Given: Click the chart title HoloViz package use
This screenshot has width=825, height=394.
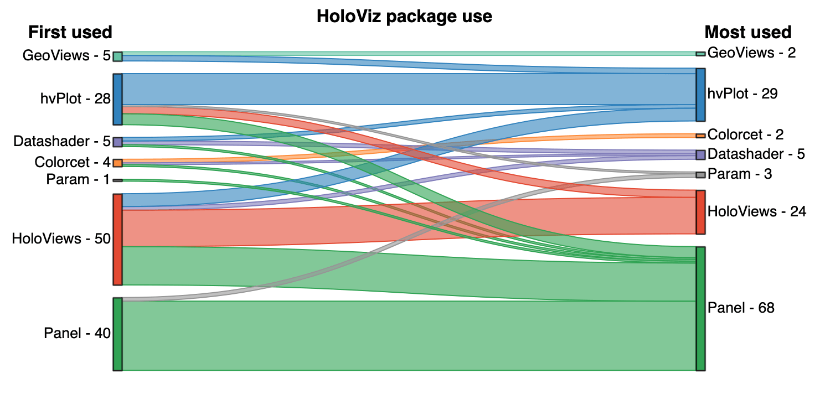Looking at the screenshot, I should [x=404, y=16].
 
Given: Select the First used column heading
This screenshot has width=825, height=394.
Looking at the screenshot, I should [x=70, y=32].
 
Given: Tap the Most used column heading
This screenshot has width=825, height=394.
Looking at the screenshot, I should [x=748, y=32].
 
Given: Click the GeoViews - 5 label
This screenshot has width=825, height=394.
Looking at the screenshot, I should [x=66, y=55].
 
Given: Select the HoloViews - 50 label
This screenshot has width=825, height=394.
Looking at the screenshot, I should [x=61, y=239].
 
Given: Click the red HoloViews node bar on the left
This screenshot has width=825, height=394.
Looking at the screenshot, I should [x=117, y=239].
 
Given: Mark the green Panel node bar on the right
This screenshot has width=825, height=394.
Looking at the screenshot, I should [x=700, y=308].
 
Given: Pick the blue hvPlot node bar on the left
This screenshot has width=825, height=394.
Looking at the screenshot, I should [x=117, y=99].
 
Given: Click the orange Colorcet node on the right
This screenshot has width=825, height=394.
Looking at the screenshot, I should [x=700, y=136].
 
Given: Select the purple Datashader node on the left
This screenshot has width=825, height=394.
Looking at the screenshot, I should [x=117, y=142].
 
